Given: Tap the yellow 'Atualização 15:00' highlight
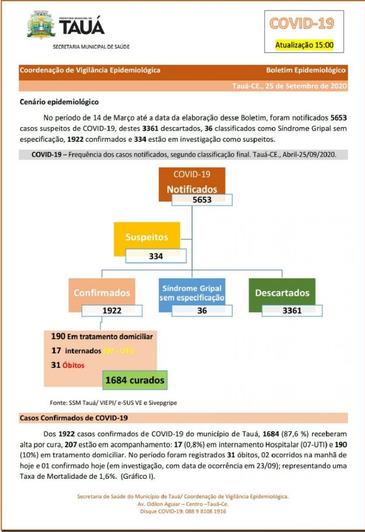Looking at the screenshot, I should tap(304, 45).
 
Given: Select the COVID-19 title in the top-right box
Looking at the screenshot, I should tap(302, 23).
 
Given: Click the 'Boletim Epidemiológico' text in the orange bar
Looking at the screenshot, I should tap(306, 70).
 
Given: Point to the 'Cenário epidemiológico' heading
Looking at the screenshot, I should tap(59, 102).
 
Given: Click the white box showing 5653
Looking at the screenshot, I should tap(202, 200).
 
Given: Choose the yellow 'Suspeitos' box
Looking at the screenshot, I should tap(147, 237).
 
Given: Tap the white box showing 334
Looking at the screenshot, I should tap(156, 256).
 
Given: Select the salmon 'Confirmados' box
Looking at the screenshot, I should tap(102, 293).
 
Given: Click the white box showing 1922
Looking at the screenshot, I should tap(112, 311).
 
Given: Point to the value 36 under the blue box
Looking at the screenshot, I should tap(202, 311).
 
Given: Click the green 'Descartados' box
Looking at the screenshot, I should tap(282, 293).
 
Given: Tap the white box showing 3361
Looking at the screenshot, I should tap(292, 311).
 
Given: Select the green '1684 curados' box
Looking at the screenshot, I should tap(135, 380).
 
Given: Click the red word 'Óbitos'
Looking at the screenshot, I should tap(74, 365).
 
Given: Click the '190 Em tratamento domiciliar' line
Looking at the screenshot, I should tap(102, 336).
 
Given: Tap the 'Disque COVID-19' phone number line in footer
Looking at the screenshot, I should tap(183, 511).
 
